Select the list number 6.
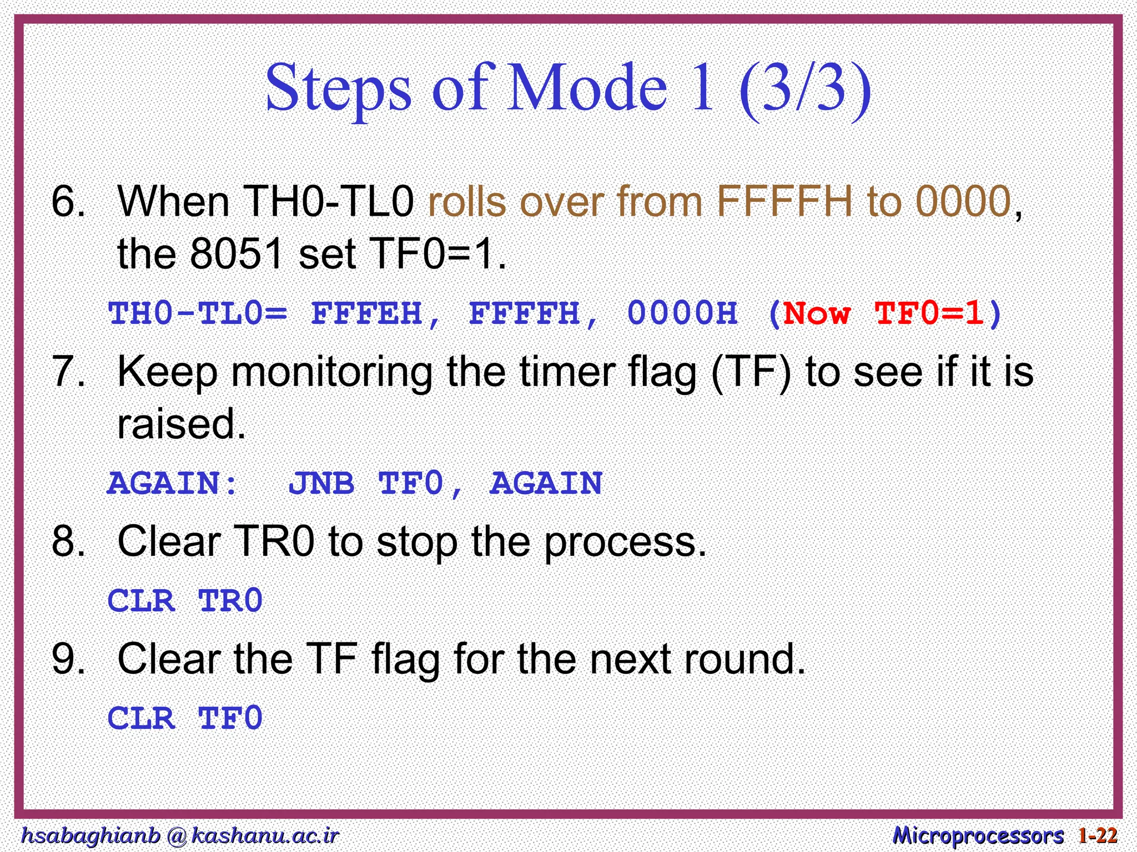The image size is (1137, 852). tap(68, 201)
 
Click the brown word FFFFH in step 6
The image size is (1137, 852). tap(784, 201)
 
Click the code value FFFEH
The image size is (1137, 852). tap(366, 313)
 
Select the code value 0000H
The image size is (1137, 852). tap(682, 313)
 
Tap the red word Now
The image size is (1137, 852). tap(817, 313)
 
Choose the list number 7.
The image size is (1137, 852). tap(68, 371)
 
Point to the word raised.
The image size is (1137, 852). tap(181, 424)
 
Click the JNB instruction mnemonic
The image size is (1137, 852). tap(321, 483)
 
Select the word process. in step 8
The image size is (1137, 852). tap(625, 542)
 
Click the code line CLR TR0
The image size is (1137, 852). tap(185, 601)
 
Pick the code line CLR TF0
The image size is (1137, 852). tap(185, 718)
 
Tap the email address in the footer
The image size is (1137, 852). tap(179, 835)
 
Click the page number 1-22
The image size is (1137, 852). tap(1098, 835)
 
